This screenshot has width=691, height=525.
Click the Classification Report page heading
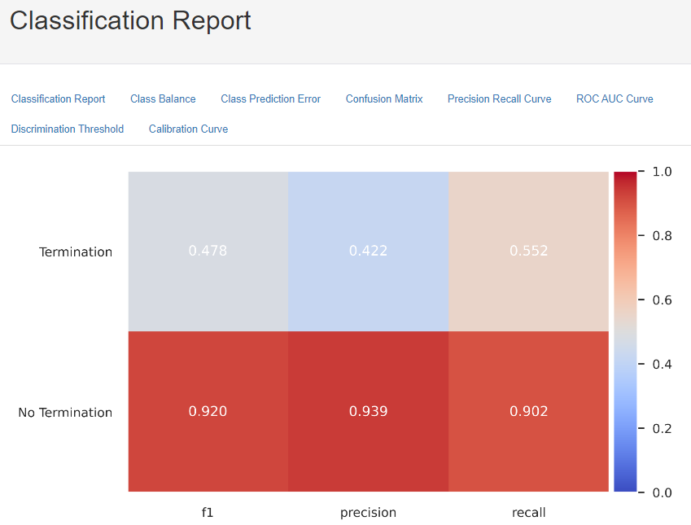pyautogui.click(x=130, y=21)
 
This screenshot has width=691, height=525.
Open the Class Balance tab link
pyautogui.click(x=163, y=99)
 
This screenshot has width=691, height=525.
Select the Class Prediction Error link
pyautogui.click(x=270, y=99)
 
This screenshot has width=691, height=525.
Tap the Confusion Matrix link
pyautogui.click(x=384, y=99)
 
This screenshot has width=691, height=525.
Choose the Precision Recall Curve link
pyautogui.click(x=499, y=99)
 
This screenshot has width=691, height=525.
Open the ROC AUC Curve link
pyautogui.click(x=614, y=99)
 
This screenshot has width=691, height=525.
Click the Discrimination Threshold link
pyautogui.click(x=68, y=129)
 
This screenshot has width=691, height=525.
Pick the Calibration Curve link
pyautogui.click(x=188, y=129)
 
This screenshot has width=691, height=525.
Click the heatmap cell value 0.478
pyautogui.click(x=208, y=251)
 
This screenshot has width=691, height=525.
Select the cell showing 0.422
pyautogui.click(x=368, y=251)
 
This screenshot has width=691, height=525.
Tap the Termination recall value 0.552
pyautogui.click(x=529, y=251)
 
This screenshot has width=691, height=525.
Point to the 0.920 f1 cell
pyautogui.click(x=208, y=412)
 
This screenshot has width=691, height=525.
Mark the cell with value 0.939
pyautogui.click(x=368, y=412)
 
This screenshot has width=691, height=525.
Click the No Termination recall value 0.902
pyautogui.click(x=529, y=412)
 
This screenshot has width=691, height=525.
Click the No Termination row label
pyautogui.click(x=65, y=413)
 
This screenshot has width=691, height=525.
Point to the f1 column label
pyautogui.click(x=208, y=513)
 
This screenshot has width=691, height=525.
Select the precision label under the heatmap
pyautogui.click(x=368, y=513)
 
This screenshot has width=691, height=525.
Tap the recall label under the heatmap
pyautogui.click(x=529, y=513)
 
